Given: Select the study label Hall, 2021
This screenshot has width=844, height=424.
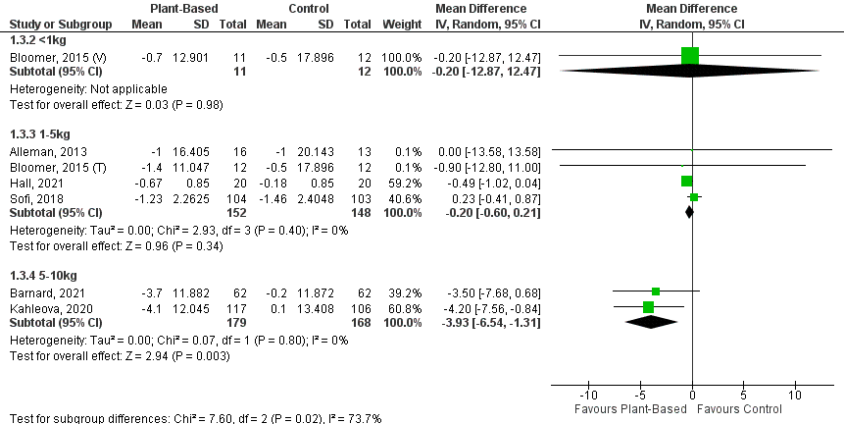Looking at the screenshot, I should (x=30, y=182).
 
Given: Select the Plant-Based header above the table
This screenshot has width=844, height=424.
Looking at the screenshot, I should (x=176, y=8).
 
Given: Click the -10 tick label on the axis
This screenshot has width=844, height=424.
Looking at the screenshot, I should (x=588, y=396).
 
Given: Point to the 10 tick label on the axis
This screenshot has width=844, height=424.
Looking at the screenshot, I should (x=794, y=396).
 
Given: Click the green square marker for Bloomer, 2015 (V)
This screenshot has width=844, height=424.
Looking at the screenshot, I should (x=691, y=56).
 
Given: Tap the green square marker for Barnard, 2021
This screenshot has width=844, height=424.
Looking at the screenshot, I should (x=656, y=291).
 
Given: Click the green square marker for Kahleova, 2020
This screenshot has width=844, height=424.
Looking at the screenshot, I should (x=649, y=307).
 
